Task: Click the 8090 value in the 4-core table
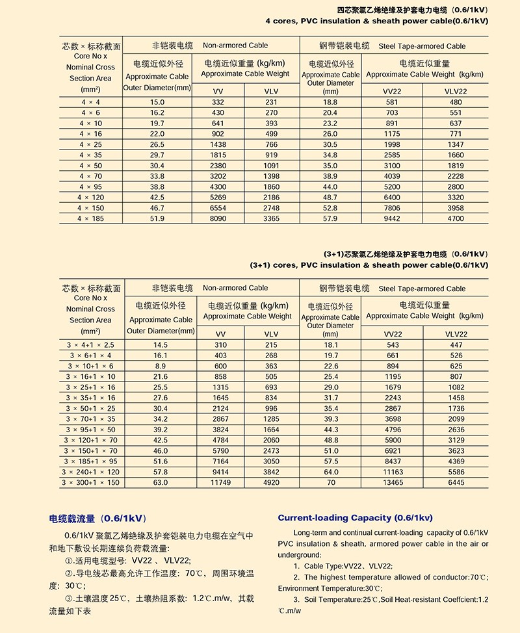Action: pos(218,219)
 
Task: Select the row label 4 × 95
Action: pos(90,187)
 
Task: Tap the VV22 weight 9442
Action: pos(393,219)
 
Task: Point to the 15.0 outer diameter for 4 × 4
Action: pos(157,103)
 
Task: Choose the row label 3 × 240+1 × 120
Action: pos(90,472)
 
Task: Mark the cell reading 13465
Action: pos(393,483)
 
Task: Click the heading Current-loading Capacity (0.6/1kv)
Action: pos(355,518)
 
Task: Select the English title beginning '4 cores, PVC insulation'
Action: pos(376,21)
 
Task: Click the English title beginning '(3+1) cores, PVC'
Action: pos(369,265)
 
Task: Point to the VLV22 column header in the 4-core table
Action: pos(456,91)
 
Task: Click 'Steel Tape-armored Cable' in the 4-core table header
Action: pos(422,46)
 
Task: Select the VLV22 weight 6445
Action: pos(456,483)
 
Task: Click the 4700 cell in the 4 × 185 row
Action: pos(456,219)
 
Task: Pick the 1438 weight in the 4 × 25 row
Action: pos(218,144)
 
